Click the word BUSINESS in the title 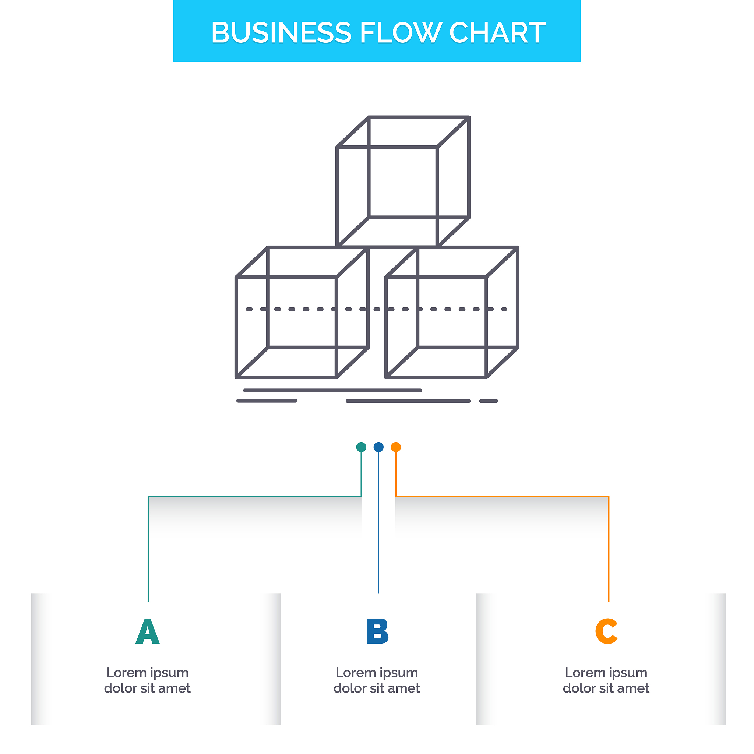click(281, 32)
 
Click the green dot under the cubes click(362, 447)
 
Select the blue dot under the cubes click(378, 447)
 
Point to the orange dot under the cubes click(396, 447)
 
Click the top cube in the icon click(403, 182)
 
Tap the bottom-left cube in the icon click(302, 312)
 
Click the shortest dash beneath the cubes click(489, 401)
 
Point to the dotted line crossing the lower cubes click(377, 310)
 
